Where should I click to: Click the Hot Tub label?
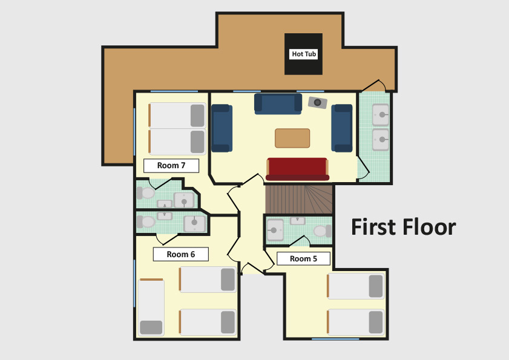(303, 54)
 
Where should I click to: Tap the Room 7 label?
(171, 166)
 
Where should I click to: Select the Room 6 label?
(180, 254)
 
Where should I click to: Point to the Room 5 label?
(303, 259)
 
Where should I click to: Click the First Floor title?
(404, 227)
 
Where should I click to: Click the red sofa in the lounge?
(297, 169)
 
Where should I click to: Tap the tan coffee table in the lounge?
(292, 138)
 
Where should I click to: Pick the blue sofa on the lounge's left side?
(222, 128)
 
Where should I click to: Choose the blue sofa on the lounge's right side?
(342, 128)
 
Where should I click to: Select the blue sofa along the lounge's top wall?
(278, 104)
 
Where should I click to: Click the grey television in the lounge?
(318, 103)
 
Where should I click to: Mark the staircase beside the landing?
(299, 199)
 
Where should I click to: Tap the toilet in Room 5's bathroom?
(323, 231)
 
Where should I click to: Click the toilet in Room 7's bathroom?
(145, 193)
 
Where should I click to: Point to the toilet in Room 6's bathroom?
(146, 222)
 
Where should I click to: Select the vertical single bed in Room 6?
(151, 307)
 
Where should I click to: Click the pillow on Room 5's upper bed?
(376, 286)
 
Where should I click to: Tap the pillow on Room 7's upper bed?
(197, 116)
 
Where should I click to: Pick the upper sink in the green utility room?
(381, 114)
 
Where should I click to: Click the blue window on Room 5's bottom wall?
(335, 339)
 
